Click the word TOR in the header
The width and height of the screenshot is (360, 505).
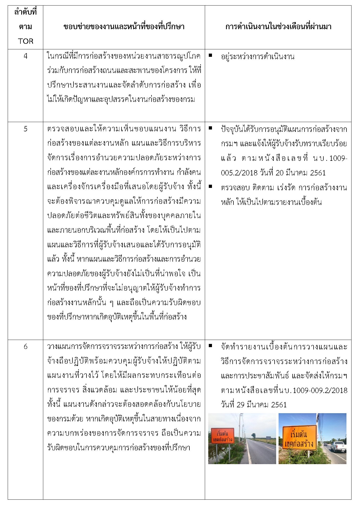(x=25, y=41)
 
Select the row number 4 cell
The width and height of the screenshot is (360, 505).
(x=25, y=56)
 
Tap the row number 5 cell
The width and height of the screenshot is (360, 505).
(x=25, y=129)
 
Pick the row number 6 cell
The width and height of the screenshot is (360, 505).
(x=25, y=347)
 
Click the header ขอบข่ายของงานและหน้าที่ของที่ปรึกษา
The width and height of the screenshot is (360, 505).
(x=124, y=27)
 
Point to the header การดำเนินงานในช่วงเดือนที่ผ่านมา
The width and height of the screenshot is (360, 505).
(x=278, y=27)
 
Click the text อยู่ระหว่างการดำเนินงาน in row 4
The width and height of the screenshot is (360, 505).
(x=258, y=57)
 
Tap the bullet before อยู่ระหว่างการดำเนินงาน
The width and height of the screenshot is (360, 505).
(x=210, y=55)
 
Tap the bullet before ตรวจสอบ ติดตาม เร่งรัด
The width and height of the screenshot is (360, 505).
(x=210, y=187)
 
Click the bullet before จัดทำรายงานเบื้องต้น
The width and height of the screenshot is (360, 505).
(x=210, y=346)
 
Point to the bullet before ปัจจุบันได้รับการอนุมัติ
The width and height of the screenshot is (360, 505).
(x=210, y=128)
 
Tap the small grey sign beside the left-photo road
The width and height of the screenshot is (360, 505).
(x=268, y=438)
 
